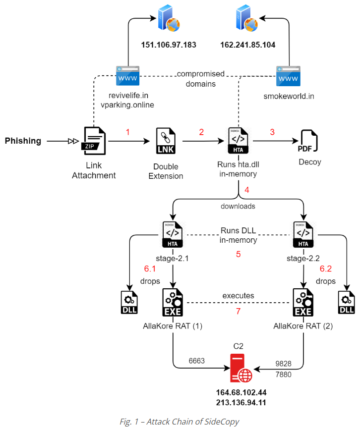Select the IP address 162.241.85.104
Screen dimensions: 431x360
click(247, 45)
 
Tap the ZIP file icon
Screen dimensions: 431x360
click(94, 141)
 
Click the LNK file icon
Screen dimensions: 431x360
click(166, 141)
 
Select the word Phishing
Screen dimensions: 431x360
click(23, 141)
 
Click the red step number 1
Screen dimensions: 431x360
click(127, 132)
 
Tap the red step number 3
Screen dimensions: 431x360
click(272, 132)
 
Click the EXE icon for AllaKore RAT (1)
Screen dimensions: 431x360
click(172, 302)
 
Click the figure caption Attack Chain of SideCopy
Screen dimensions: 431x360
click(180, 422)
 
